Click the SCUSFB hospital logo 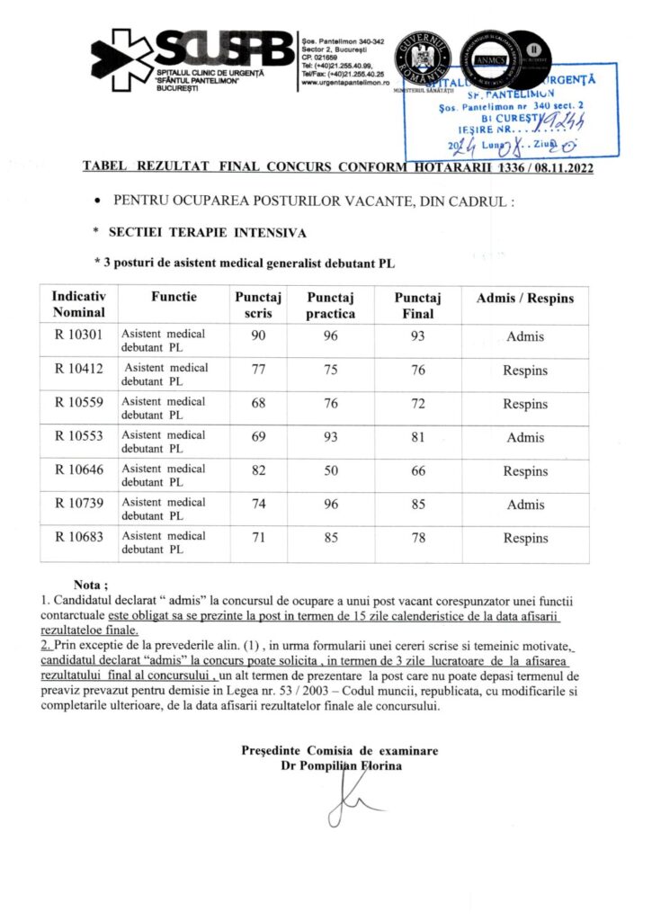tap(192, 56)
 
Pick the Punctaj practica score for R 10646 tap(331, 470)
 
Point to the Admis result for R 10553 tap(525, 438)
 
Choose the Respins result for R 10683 tap(525, 539)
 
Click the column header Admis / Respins tap(524, 298)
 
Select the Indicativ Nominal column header tap(79, 305)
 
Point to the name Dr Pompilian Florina tap(342, 765)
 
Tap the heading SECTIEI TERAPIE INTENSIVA tap(207, 232)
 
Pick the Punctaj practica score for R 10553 tap(331, 438)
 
